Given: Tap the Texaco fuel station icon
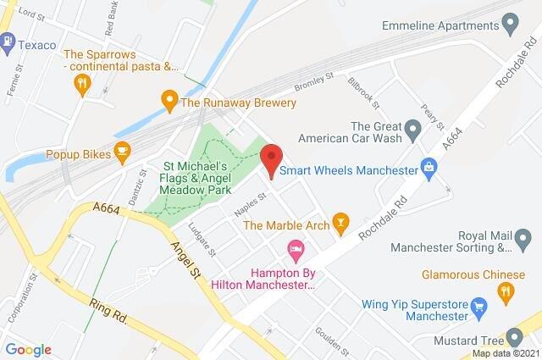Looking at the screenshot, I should [8, 41].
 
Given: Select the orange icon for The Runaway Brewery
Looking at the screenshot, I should [169, 102].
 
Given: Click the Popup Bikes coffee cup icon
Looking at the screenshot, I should [123, 153].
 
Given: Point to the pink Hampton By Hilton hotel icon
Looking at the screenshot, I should [295, 250].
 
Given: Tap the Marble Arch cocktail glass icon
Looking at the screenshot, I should [340, 224].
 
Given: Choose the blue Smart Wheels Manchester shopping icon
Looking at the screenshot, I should [430, 169].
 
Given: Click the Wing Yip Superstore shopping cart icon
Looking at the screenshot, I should [479, 305].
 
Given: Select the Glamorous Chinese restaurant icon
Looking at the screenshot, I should [506, 291].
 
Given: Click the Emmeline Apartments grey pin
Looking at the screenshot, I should [510, 25].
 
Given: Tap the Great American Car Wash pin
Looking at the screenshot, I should [413, 130].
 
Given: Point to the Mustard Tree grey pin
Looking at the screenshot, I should [513, 336].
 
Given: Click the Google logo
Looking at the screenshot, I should [28, 349].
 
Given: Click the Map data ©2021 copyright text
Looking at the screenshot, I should [504, 353].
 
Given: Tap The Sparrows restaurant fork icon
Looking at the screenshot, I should [82, 82].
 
